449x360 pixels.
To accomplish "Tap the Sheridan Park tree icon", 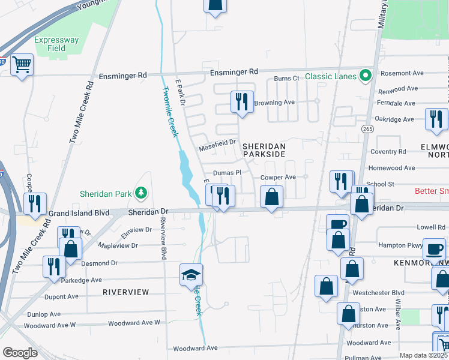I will [x=141, y=193].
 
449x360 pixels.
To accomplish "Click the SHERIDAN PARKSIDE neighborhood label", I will [x=264, y=150].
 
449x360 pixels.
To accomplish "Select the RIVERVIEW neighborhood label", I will [x=125, y=292].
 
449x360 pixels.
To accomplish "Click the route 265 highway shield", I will [x=367, y=129].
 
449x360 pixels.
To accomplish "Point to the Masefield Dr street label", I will [x=217, y=149].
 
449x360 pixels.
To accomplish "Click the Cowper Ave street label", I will [x=278, y=178].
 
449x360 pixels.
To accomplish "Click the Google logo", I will [x=20, y=353].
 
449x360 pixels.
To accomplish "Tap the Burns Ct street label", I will [x=286, y=79].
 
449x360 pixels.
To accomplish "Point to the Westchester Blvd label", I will [x=385, y=293].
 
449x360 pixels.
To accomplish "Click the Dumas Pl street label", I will [x=227, y=172].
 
